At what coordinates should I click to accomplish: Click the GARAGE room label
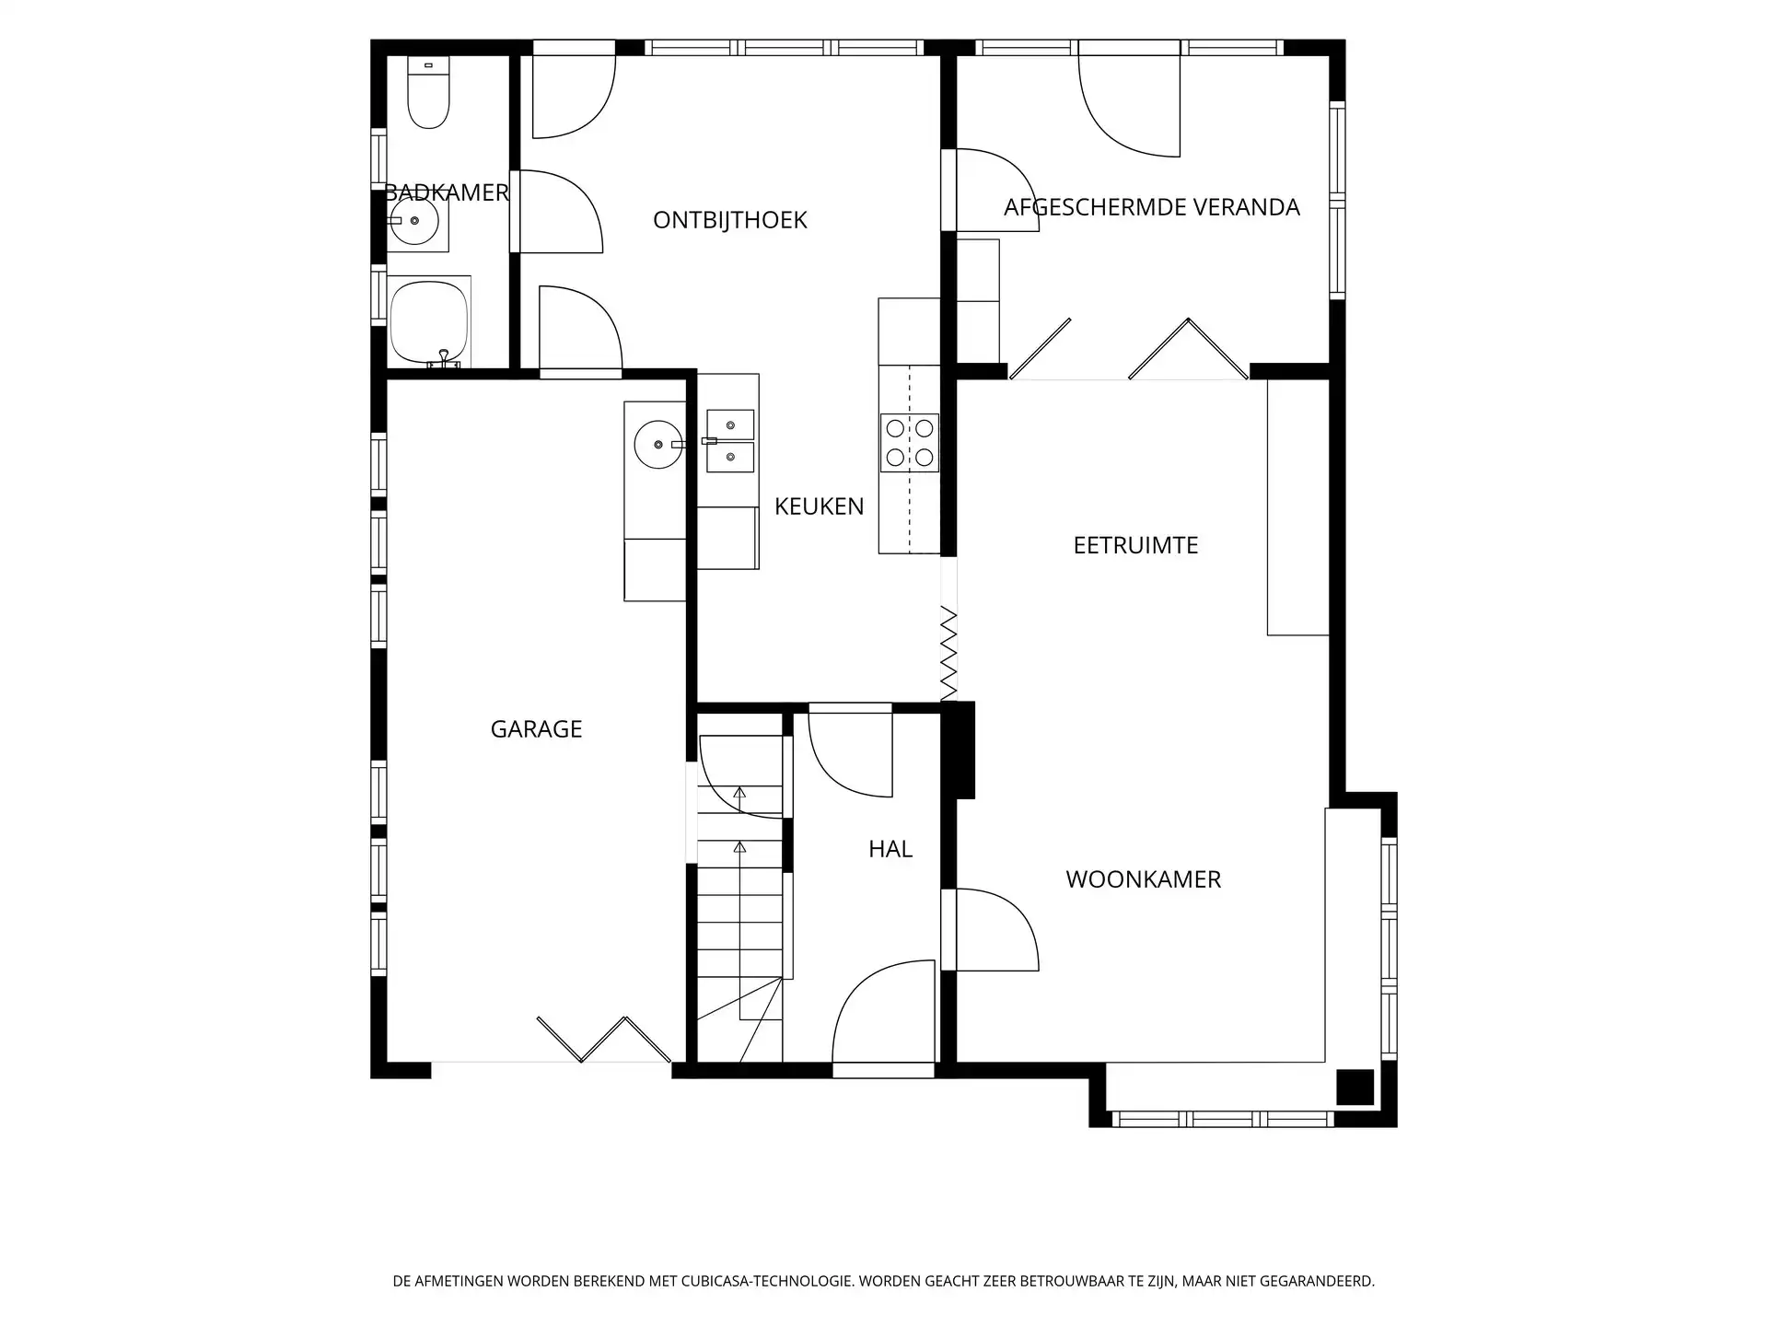coord(536,729)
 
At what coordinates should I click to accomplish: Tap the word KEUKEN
coord(819,506)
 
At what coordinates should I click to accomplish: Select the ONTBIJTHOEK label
coord(729,220)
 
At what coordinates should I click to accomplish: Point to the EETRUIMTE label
coord(1135,545)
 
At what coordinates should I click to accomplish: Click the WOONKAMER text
coord(1143,879)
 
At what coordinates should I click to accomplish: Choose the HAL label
coord(890,849)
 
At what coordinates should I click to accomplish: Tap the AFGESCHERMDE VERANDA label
coord(1151,207)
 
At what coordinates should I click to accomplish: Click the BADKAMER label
coord(447,192)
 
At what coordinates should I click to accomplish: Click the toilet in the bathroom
coord(428,92)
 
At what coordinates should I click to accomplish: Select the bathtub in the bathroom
coord(429,322)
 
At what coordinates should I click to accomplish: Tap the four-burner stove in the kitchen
coord(910,443)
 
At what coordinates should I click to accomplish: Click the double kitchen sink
coord(730,440)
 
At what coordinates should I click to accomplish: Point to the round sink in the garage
coord(657,444)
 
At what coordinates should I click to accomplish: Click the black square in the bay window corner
coord(1355,1087)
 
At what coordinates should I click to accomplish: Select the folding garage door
coord(604,1040)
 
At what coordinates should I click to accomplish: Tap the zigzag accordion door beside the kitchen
coord(948,654)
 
